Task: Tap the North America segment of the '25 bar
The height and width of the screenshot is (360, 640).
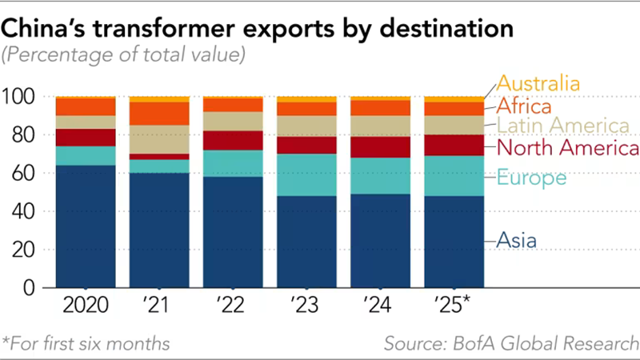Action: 454,145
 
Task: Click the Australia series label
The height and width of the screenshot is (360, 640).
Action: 538,83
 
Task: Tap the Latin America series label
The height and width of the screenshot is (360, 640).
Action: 562,126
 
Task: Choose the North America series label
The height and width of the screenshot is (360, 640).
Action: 567,149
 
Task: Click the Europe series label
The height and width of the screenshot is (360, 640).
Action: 531,178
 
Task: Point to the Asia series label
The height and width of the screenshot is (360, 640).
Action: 516,238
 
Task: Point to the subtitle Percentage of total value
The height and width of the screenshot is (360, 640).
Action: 124,56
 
